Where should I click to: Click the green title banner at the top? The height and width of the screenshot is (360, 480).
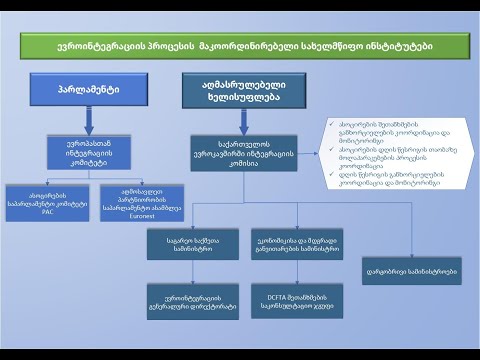[x=239, y=46]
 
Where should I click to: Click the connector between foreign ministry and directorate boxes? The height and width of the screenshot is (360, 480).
[x=183, y=271]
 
